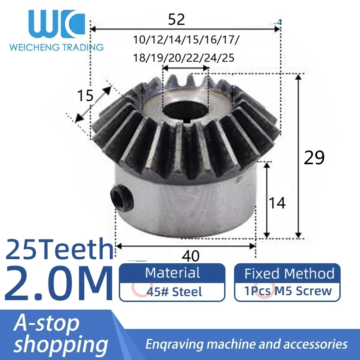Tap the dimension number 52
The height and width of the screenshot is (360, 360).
coord(176,19)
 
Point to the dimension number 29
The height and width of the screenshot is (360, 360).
coord(314,158)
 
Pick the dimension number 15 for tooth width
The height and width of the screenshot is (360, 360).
coord(85,96)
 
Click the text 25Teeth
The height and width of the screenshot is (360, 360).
coord(59,248)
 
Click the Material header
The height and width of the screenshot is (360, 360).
coord(172,273)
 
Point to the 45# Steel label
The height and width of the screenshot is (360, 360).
coord(174,292)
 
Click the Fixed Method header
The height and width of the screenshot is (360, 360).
coord(289,273)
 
